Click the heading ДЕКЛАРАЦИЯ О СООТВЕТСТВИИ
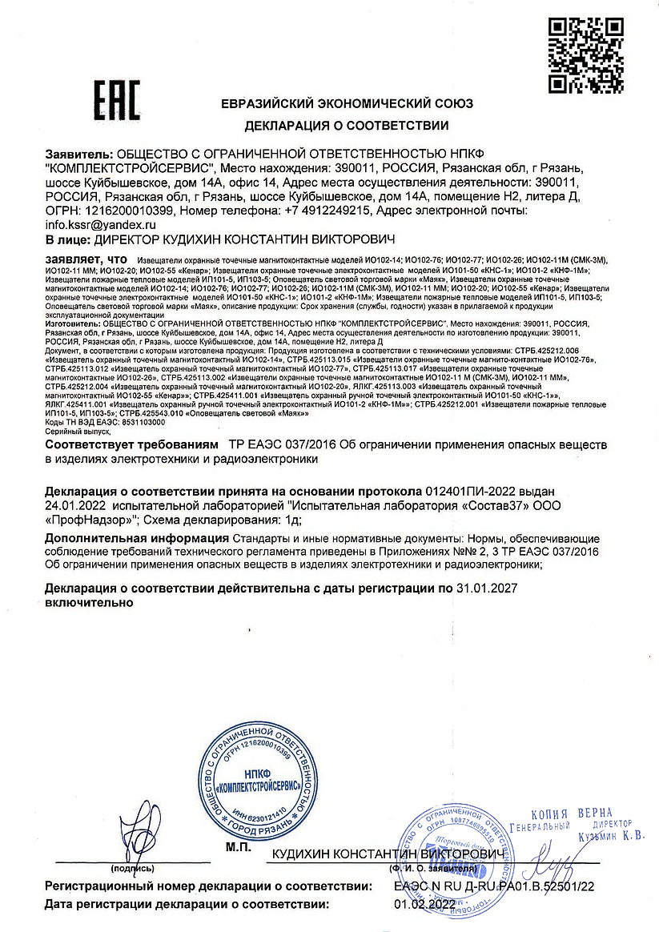(347, 126)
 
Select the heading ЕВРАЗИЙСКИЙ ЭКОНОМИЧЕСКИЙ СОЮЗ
(347, 103)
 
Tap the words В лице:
(68, 240)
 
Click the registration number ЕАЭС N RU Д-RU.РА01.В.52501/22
(494, 887)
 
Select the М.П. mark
(238, 846)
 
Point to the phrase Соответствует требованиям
(132, 444)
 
